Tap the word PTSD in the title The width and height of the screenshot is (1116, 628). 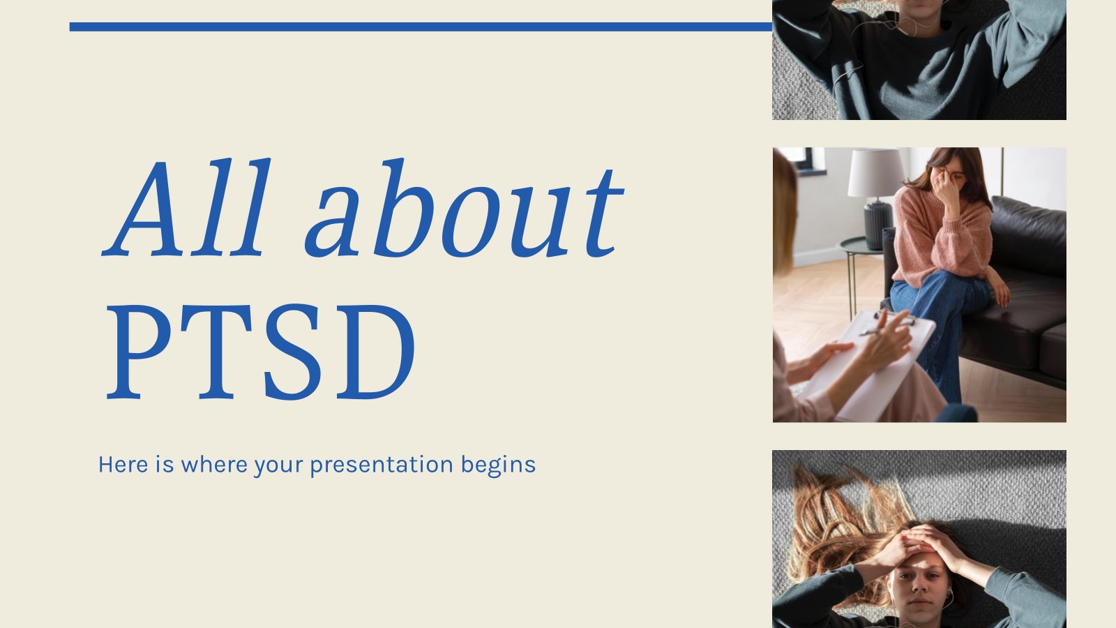point(261,352)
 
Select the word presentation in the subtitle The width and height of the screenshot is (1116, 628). point(382,465)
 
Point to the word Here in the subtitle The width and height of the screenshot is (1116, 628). point(123,464)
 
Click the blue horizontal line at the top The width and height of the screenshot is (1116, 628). point(418,27)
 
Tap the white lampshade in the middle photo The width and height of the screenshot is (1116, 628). point(876,173)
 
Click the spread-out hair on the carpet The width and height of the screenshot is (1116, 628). point(837,516)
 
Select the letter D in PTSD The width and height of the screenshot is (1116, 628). point(373,352)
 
